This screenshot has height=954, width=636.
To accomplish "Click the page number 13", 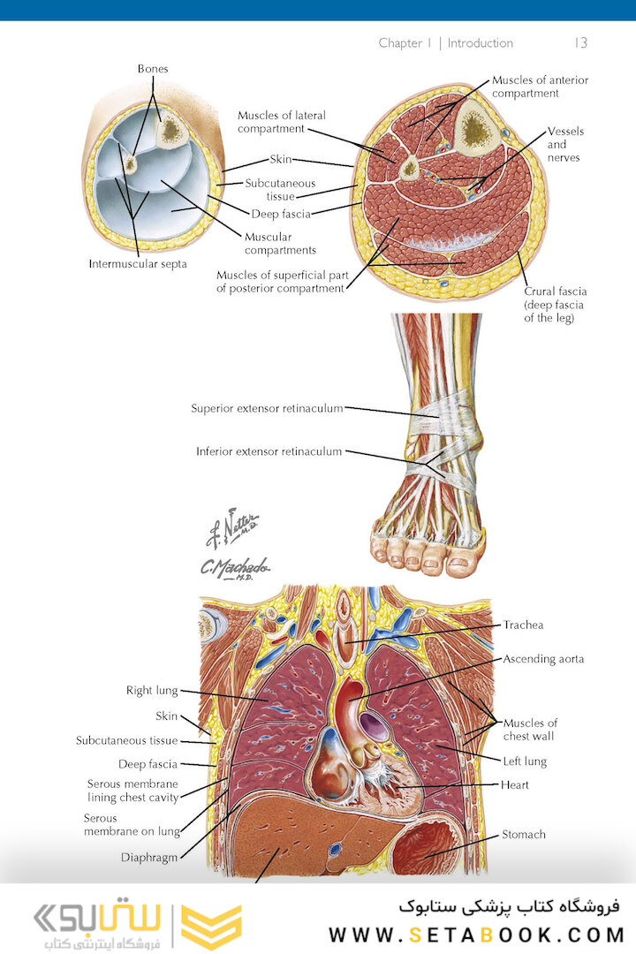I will click(580, 42).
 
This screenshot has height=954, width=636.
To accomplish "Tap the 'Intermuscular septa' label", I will click(138, 263).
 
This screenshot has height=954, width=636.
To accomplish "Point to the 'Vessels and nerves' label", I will click(565, 145).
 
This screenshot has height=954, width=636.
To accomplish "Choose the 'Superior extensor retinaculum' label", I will click(267, 408).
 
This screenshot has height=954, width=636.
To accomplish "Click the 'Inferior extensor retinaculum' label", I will click(269, 451).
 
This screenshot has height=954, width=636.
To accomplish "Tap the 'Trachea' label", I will click(524, 625).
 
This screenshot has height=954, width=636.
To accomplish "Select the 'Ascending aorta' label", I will click(543, 658).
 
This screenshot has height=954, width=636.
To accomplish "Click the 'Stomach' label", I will click(524, 834).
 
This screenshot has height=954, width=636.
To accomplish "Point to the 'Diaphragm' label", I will click(149, 857).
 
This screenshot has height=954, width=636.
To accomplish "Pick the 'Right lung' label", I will click(152, 690).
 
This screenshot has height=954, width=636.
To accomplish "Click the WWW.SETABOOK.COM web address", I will click(476, 934).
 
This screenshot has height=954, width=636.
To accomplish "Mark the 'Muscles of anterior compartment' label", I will click(540, 87).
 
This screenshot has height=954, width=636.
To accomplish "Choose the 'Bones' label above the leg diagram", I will click(153, 69).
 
